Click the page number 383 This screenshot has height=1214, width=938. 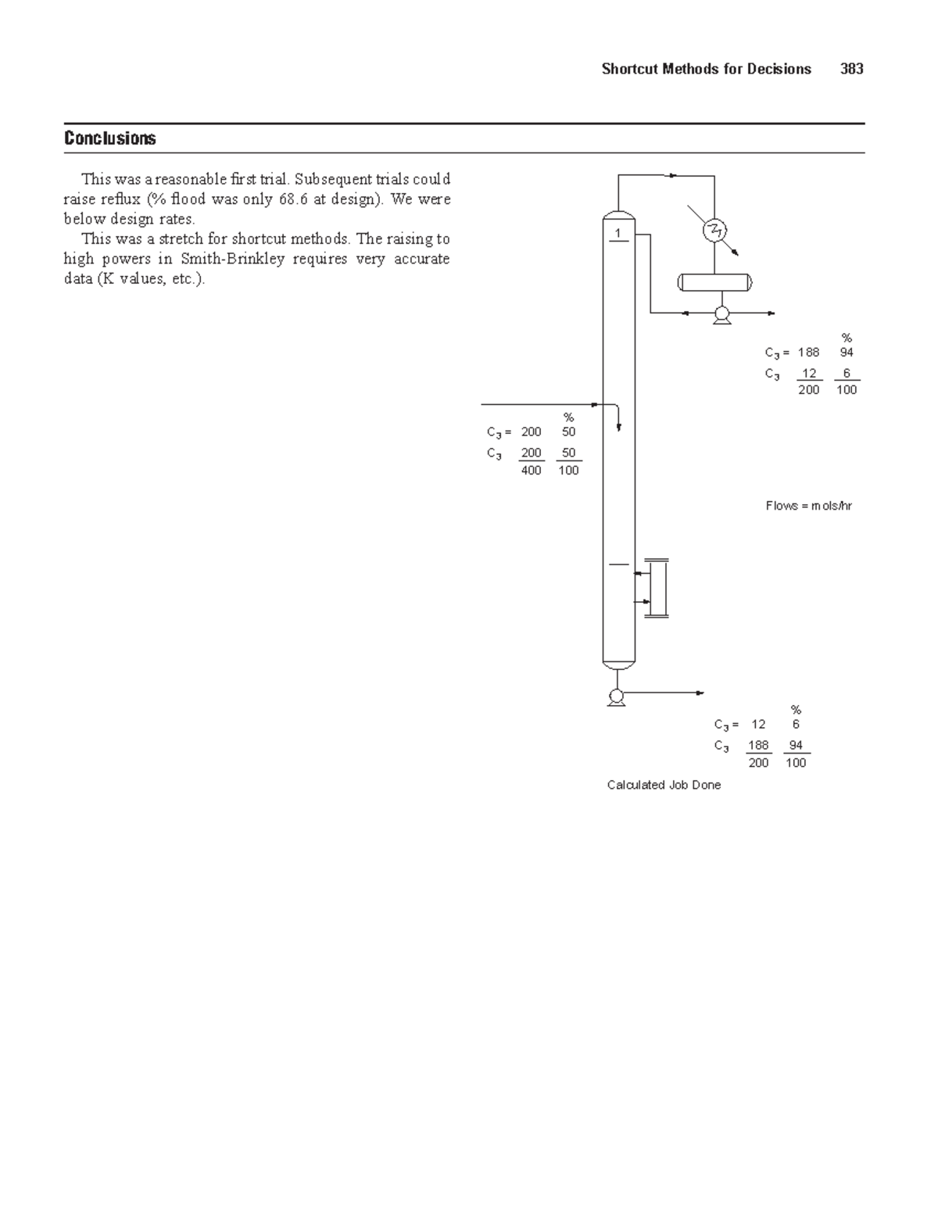click(x=851, y=69)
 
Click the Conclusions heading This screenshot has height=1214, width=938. click(x=110, y=138)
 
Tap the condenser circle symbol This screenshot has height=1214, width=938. click(x=714, y=231)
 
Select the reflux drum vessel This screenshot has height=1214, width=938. click(x=714, y=282)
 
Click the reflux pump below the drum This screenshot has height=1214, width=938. click(x=721, y=314)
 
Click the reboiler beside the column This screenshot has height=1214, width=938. click(x=656, y=588)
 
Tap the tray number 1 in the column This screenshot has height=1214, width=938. click(x=618, y=234)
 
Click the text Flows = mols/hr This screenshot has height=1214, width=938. click(x=808, y=506)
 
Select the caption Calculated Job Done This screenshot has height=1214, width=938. click(x=664, y=785)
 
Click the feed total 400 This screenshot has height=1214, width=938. click(x=531, y=471)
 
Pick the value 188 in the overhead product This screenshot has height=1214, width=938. click(x=808, y=353)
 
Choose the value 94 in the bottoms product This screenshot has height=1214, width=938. click(x=796, y=745)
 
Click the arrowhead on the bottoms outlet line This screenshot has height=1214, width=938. click(x=700, y=693)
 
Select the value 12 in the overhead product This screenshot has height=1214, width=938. click(x=808, y=374)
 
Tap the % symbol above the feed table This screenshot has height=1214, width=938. click(x=568, y=417)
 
